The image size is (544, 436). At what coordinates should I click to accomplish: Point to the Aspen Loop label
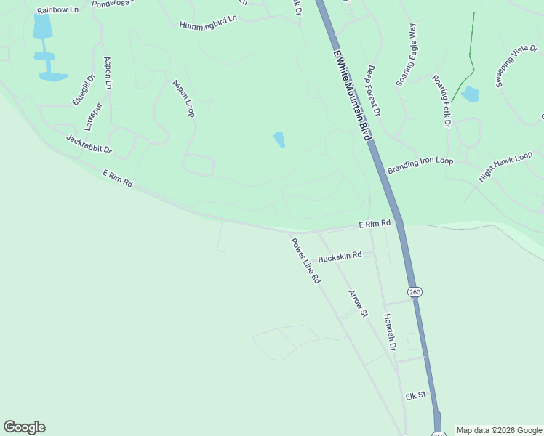(x=183, y=98)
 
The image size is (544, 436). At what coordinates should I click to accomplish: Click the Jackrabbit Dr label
(x=89, y=144)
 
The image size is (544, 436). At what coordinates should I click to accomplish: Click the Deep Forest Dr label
(x=374, y=91)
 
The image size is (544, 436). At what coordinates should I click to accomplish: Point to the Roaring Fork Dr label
(x=441, y=100)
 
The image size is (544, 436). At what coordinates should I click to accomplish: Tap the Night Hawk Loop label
(x=505, y=166)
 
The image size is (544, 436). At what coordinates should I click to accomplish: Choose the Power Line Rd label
(x=305, y=261)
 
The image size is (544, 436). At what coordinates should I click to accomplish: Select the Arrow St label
(x=359, y=304)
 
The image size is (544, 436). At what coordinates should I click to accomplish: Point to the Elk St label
(x=415, y=397)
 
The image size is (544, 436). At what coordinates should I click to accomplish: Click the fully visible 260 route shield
(x=415, y=292)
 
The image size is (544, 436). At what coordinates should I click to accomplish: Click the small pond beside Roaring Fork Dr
(x=470, y=94)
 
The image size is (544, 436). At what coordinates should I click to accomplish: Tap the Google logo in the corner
(x=24, y=427)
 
